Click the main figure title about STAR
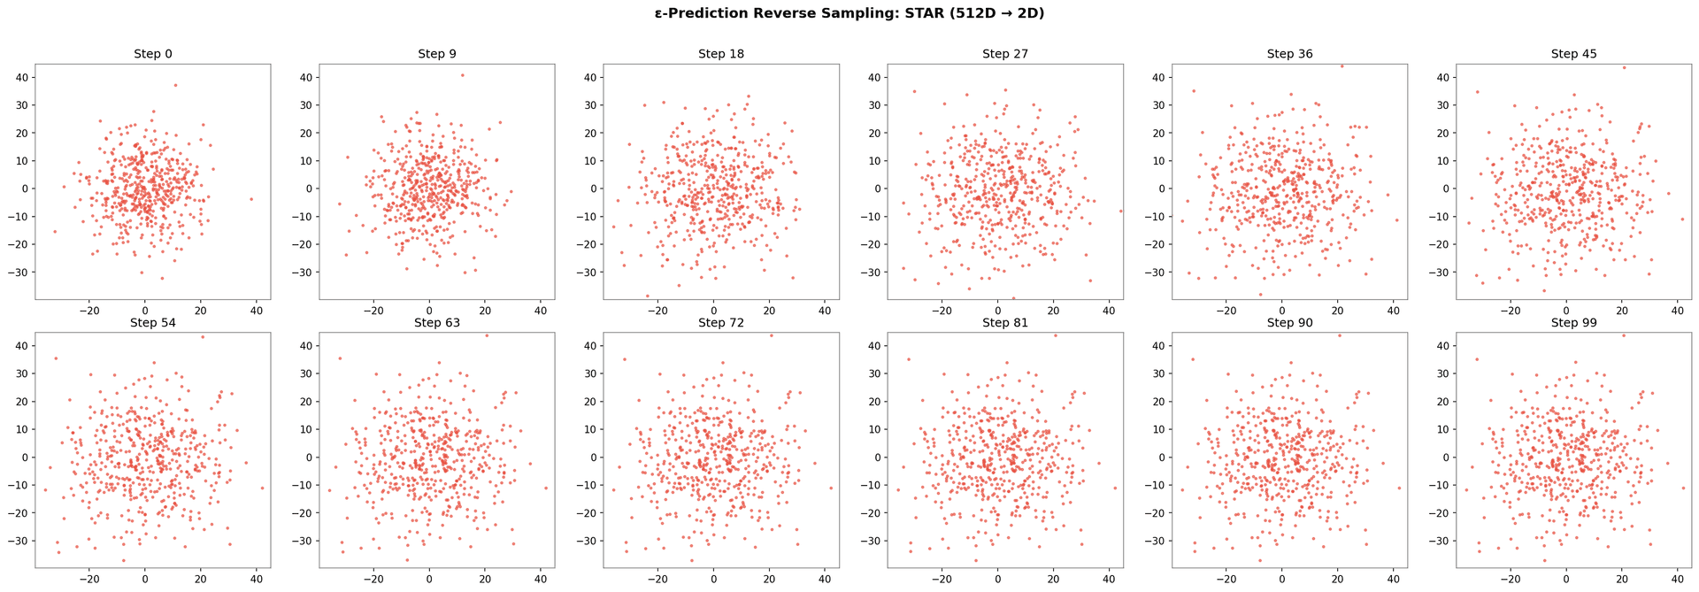coord(849,13)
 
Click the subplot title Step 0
coord(153,54)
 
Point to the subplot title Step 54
coord(153,323)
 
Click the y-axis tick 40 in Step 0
coord(21,77)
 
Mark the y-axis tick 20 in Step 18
coord(589,133)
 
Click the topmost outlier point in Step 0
coord(175,85)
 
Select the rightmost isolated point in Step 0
coord(251,199)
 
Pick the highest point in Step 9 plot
coord(462,75)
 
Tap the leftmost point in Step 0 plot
coord(54,232)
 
